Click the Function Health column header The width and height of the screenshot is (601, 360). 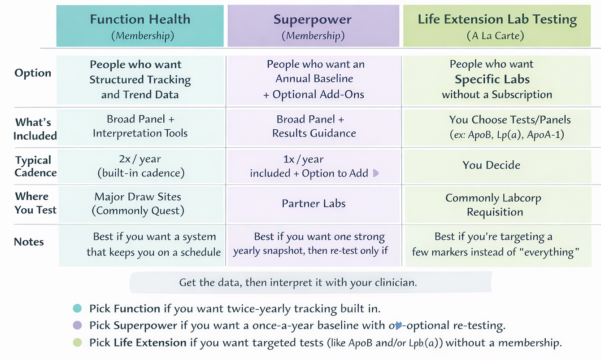pos(140,26)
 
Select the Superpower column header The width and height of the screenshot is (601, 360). pos(313,26)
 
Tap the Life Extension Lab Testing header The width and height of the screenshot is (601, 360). pos(496,26)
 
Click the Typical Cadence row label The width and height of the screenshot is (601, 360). pos(35,166)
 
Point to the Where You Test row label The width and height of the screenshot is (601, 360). pos(35,203)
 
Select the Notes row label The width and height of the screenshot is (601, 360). pos(29,241)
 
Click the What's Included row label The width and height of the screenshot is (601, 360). pos(35,129)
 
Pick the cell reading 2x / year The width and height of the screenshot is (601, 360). pos(141,166)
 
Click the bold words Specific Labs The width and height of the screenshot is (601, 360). pos(492,79)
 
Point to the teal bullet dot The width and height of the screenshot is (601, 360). pos(77,308)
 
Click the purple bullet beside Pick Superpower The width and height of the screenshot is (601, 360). pos(77,325)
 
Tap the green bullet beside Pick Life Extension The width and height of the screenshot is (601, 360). pos(77,342)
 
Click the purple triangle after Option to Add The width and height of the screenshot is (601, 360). pos(376,173)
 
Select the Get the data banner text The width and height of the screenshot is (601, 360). pos(298,282)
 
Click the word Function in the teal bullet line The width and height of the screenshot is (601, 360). pos(137,308)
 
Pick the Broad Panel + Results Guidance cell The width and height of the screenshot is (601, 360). pos(314,127)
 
